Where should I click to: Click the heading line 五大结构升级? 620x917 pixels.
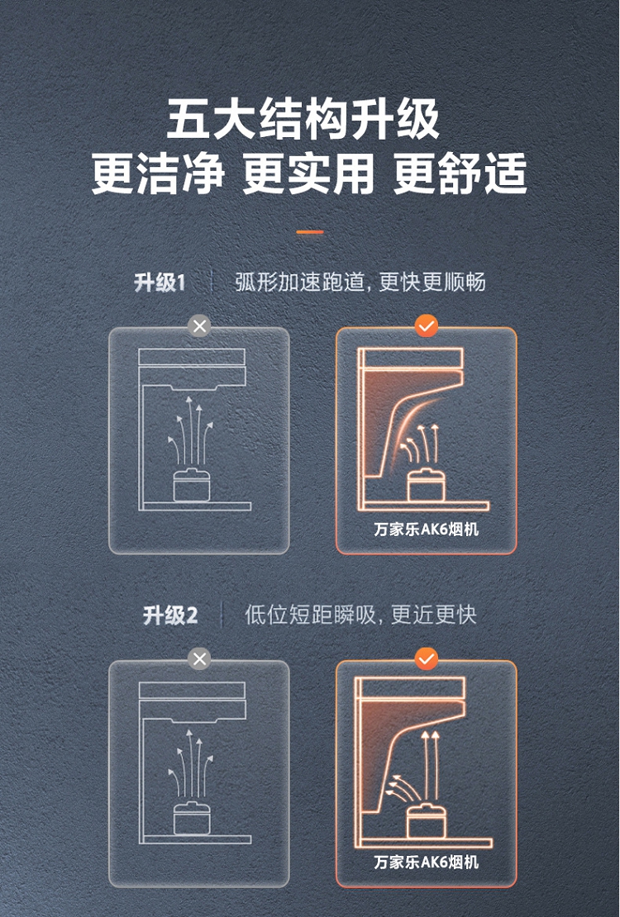[303, 120]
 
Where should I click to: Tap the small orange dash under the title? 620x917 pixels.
[310, 232]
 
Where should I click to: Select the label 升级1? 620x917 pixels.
[160, 283]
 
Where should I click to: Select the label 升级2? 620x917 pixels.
[170, 615]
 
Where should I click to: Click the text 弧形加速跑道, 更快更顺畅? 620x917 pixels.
[360, 283]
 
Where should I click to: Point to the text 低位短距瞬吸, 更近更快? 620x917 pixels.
[360, 615]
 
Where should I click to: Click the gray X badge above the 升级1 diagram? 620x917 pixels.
[200, 325]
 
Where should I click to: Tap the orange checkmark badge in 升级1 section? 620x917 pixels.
[427, 325]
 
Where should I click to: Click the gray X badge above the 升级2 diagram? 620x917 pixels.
[200, 659]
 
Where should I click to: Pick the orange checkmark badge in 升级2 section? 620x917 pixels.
[427, 659]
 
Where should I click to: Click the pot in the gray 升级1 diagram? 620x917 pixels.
[192, 485]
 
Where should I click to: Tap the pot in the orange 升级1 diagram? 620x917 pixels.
[427, 485]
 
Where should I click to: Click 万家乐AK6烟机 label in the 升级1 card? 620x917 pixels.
[427, 530]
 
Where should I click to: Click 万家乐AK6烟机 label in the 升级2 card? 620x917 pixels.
[427, 862]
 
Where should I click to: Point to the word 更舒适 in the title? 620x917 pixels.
[460, 173]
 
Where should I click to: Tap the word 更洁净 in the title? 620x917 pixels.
[158, 173]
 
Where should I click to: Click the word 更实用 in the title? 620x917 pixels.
[308, 173]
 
